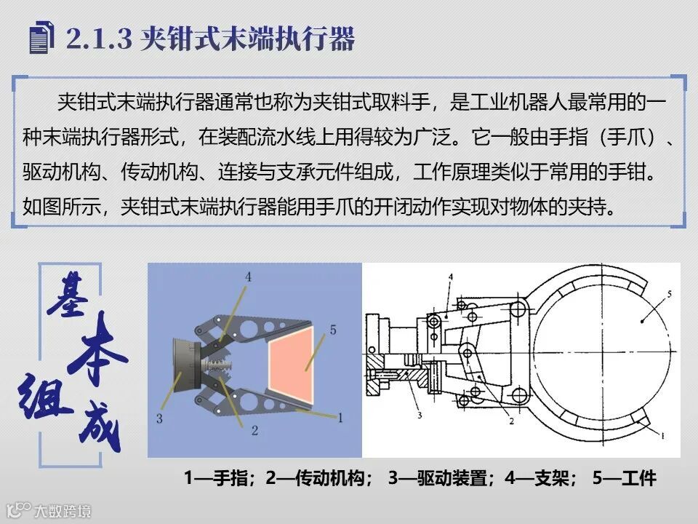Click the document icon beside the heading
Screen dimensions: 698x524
[x=42, y=37]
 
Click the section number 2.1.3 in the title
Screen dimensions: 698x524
[x=100, y=39]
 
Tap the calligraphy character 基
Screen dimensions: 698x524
[x=68, y=295]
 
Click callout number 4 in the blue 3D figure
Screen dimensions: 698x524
[x=248, y=277]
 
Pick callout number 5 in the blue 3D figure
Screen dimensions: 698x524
[x=332, y=330]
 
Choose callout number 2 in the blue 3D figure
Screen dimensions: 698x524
[x=254, y=430]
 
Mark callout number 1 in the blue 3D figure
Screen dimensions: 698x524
[x=340, y=418]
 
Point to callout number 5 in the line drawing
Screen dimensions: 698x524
[x=669, y=293]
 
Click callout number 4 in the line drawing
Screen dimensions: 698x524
[x=451, y=277]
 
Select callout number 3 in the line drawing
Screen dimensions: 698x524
[x=420, y=416]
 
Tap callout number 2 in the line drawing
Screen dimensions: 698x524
[x=511, y=421]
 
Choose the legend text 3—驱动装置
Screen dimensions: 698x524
[x=438, y=478]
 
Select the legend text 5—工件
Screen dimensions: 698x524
[x=624, y=478]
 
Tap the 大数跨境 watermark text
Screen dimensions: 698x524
[x=63, y=511]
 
